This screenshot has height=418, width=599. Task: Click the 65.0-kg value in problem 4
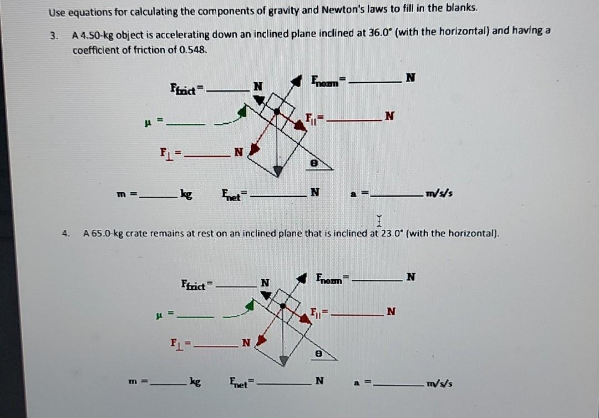click(103, 234)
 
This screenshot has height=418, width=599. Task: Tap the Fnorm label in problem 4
click(331, 278)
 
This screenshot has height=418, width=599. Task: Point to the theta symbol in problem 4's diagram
click(318, 352)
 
